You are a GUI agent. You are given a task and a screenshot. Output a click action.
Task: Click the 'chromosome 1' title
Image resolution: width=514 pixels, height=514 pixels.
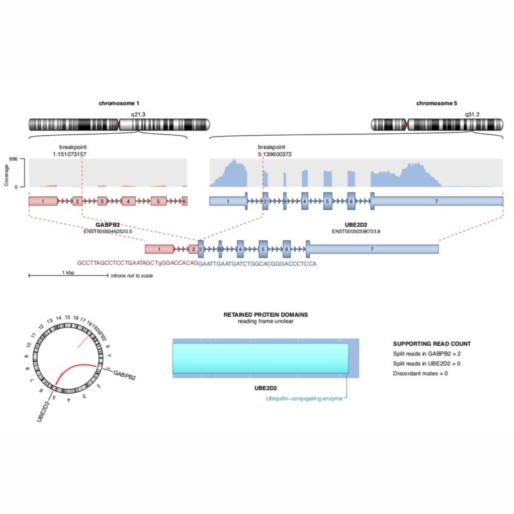point(119,104)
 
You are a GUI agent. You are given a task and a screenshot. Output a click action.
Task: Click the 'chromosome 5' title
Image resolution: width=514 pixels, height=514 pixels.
point(436,104)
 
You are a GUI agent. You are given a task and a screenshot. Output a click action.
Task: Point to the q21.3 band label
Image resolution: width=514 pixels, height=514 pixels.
point(137,115)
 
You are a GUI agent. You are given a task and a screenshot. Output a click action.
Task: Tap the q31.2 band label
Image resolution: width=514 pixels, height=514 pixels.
point(473,115)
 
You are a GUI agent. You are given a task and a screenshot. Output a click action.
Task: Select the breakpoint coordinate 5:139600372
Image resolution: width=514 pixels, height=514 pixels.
point(274,155)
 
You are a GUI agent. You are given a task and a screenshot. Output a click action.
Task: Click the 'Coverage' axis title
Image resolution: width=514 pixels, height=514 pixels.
point(7,173)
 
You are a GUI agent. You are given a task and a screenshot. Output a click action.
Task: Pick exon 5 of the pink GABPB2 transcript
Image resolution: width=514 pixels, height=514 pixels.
point(158,201)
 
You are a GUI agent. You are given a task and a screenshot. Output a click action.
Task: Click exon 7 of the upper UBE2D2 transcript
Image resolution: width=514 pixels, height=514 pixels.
point(436,201)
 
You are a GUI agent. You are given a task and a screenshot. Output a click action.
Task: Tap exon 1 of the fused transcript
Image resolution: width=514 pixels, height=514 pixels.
point(159,249)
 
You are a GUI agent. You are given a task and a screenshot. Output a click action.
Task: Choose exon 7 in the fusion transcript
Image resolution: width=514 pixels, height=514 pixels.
point(372,249)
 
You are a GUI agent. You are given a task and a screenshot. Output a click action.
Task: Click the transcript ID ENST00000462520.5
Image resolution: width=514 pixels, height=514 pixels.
point(108,232)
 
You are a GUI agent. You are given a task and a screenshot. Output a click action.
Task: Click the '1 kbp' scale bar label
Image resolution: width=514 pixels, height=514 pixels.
point(68,273)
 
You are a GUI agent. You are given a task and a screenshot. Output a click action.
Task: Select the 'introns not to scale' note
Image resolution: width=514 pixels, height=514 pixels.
point(132,276)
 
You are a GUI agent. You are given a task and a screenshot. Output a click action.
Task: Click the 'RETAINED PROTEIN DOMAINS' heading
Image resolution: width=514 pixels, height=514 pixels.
point(266,315)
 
